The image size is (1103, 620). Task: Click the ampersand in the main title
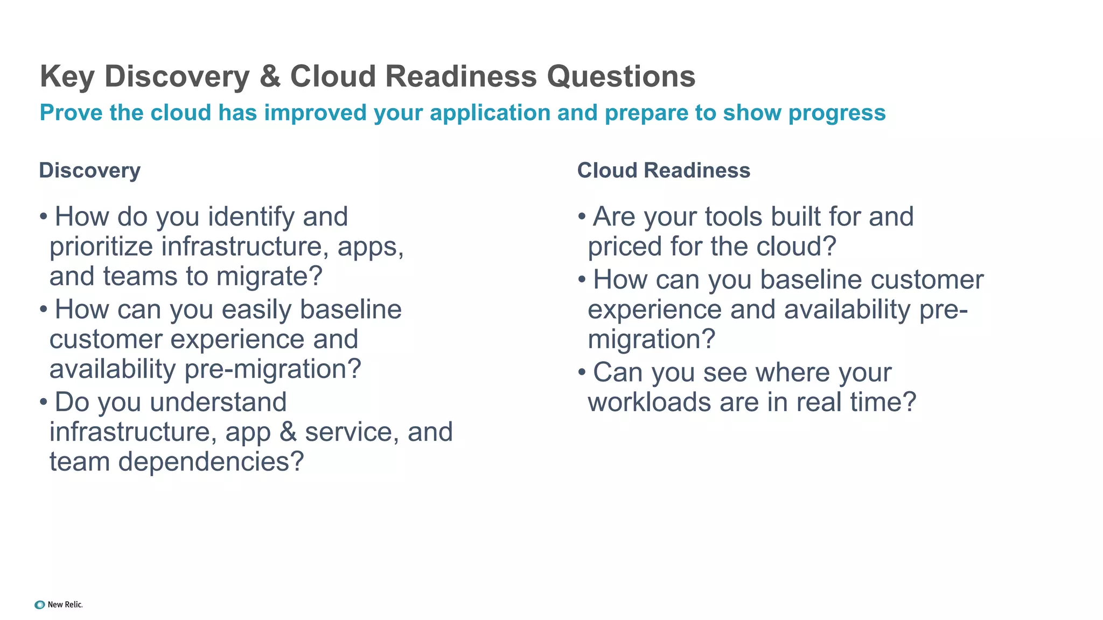(270, 76)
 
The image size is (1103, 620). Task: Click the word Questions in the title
(621, 76)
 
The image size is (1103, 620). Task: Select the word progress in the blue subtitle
(836, 113)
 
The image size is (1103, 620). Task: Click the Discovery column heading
(89, 171)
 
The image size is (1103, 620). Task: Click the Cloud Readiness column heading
(664, 171)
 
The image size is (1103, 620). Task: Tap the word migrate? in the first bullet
(269, 277)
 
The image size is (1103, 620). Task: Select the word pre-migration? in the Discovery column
(273, 370)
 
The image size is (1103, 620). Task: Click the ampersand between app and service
(288, 432)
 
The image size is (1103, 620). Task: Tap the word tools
(734, 217)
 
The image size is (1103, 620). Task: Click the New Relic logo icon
(39, 605)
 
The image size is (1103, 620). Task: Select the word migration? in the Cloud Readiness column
(651, 340)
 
